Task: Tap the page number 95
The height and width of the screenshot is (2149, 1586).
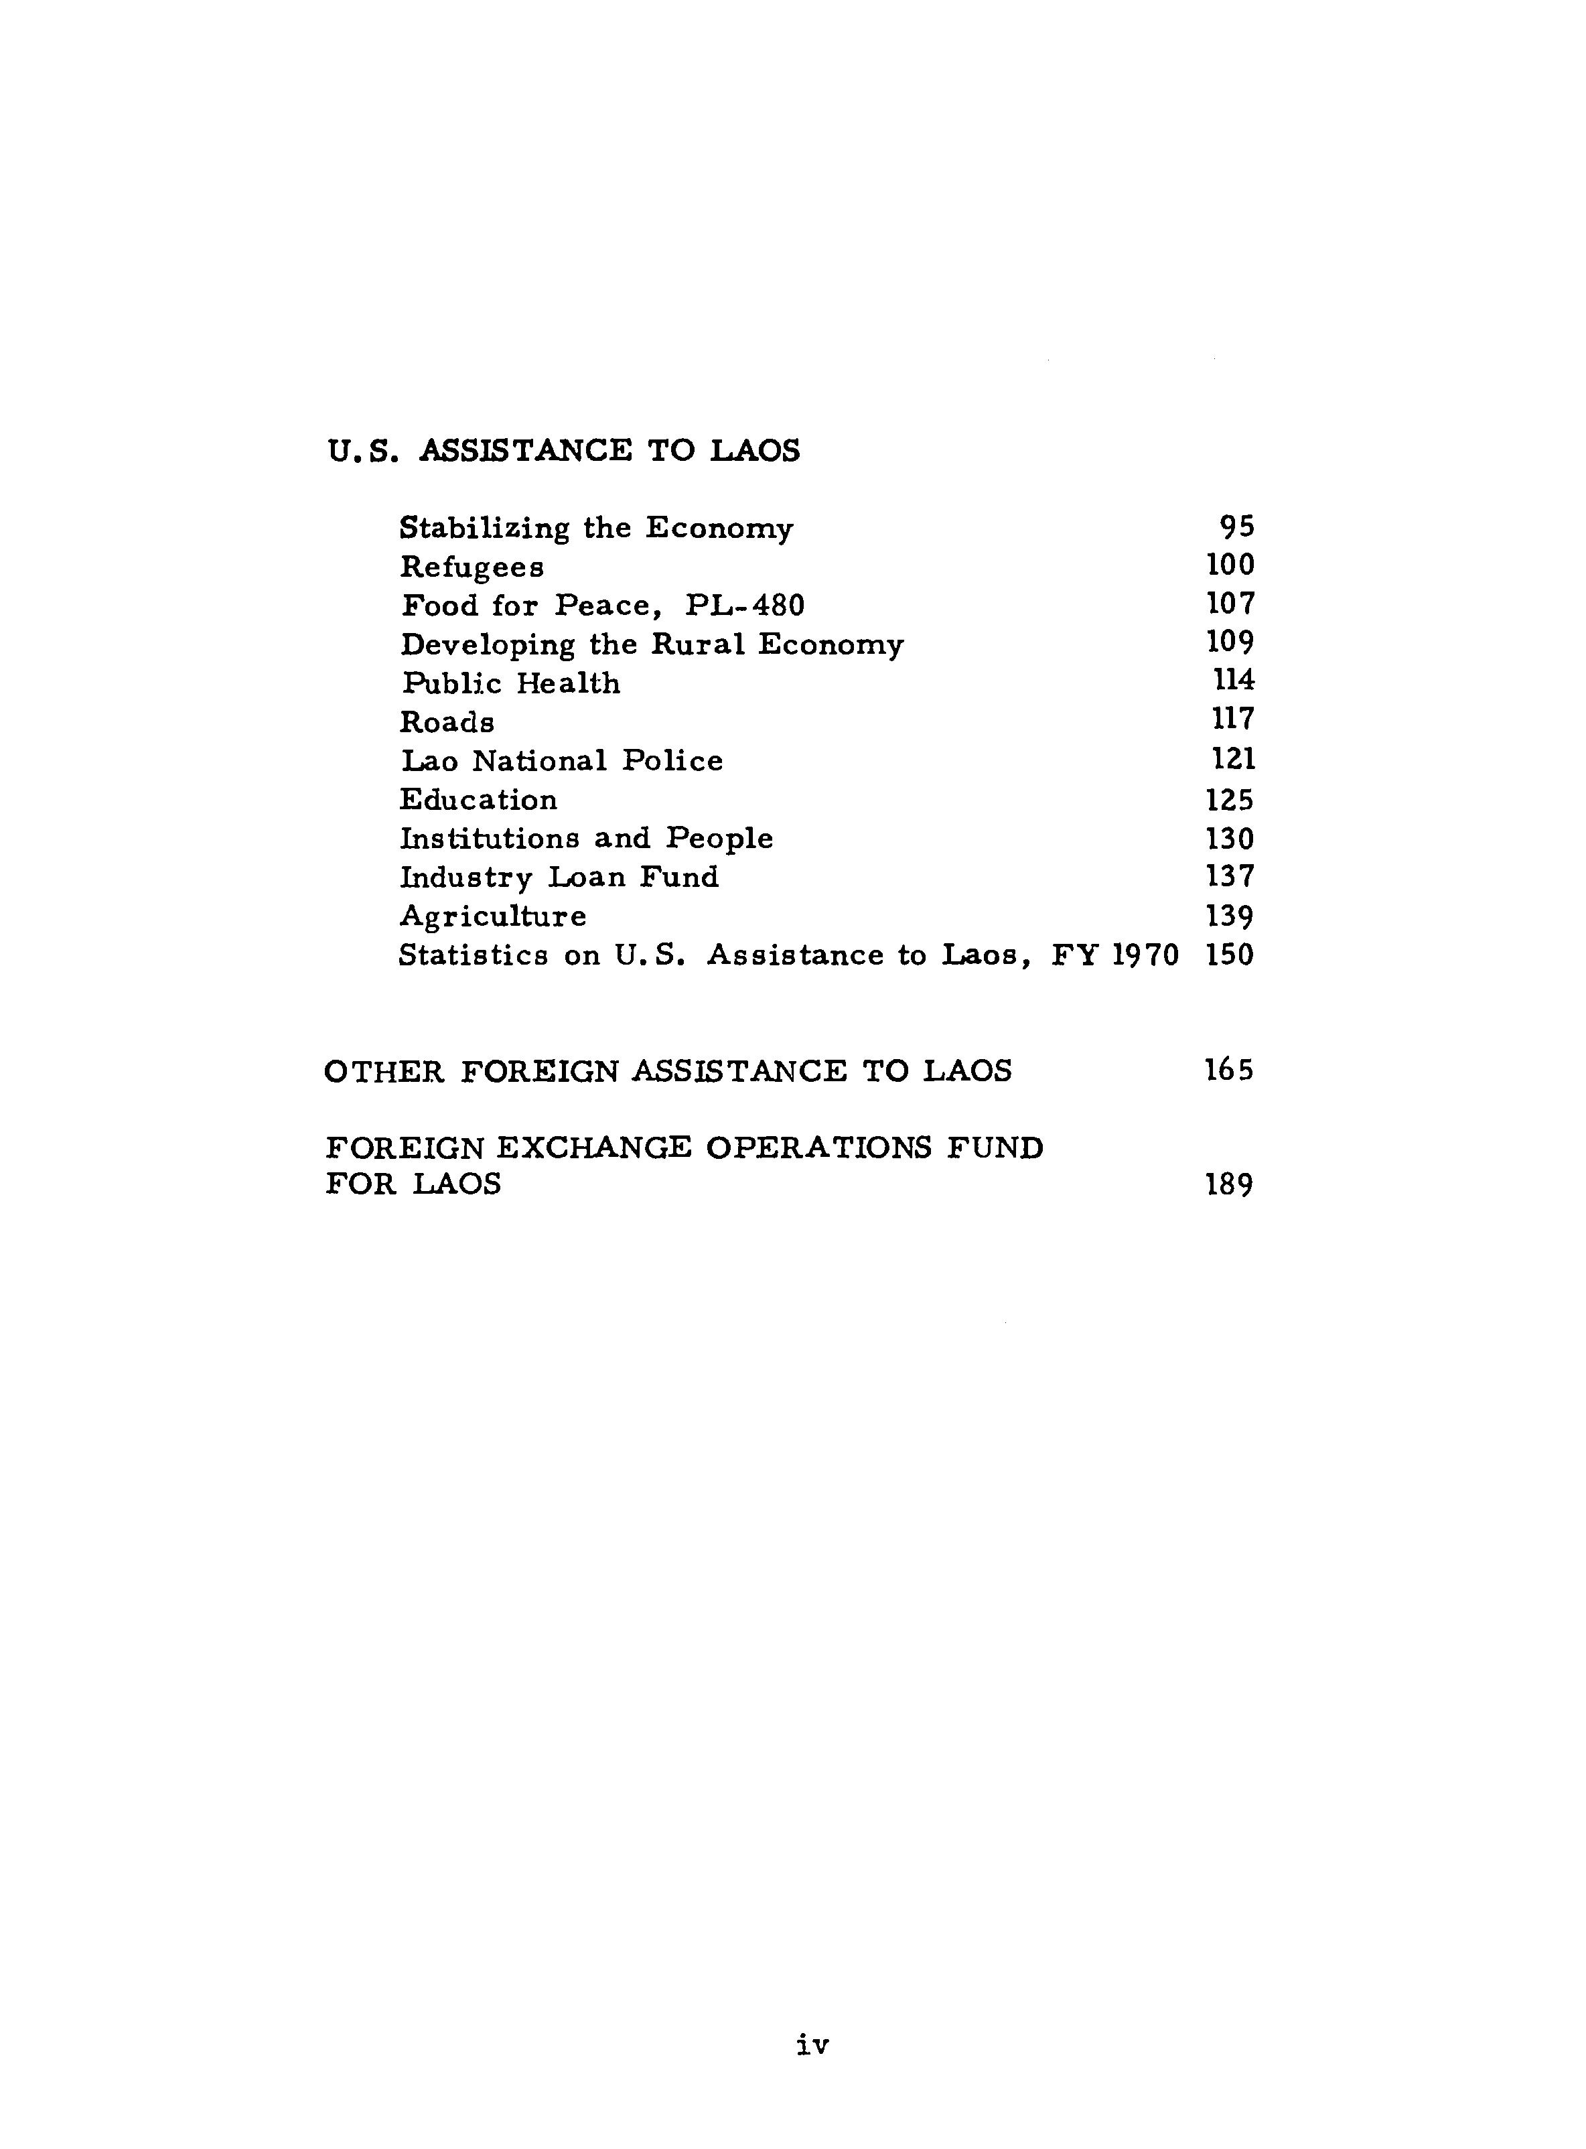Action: coord(1236,527)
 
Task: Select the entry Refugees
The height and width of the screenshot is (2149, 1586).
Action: coord(472,567)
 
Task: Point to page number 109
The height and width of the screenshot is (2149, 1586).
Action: coord(1230,642)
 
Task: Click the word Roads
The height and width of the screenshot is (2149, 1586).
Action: coord(447,721)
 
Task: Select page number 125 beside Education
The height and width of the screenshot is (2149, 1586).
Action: coord(1230,799)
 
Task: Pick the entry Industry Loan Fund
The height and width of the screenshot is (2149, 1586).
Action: coord(559,877)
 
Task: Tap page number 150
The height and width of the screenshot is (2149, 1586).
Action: coord(1230,955)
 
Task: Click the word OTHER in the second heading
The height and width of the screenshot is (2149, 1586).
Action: coord(384,1070)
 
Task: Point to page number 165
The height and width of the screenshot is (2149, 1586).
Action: coord(1230,1070)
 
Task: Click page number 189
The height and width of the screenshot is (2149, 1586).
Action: coord(1230,1185)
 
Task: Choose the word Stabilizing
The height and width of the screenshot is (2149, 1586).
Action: coord(484,528)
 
